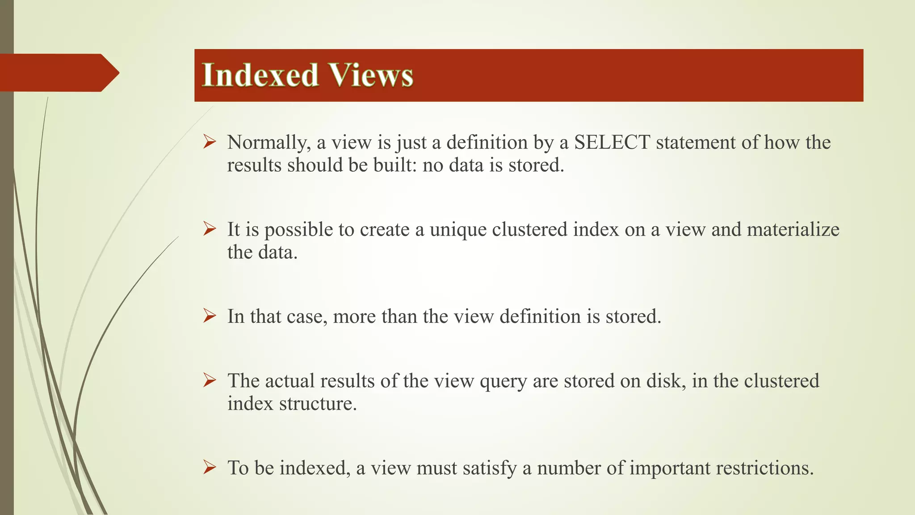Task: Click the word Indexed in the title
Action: coord(260,75)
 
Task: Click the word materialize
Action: coord(793,230)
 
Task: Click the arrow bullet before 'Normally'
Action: coord(210,142)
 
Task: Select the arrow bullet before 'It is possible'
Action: coord(210,229)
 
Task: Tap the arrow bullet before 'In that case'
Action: coord(210,316)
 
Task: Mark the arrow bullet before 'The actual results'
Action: coord(210,380)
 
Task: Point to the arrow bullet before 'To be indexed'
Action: coord(210,468)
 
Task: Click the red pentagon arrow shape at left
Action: coord(58,72)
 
